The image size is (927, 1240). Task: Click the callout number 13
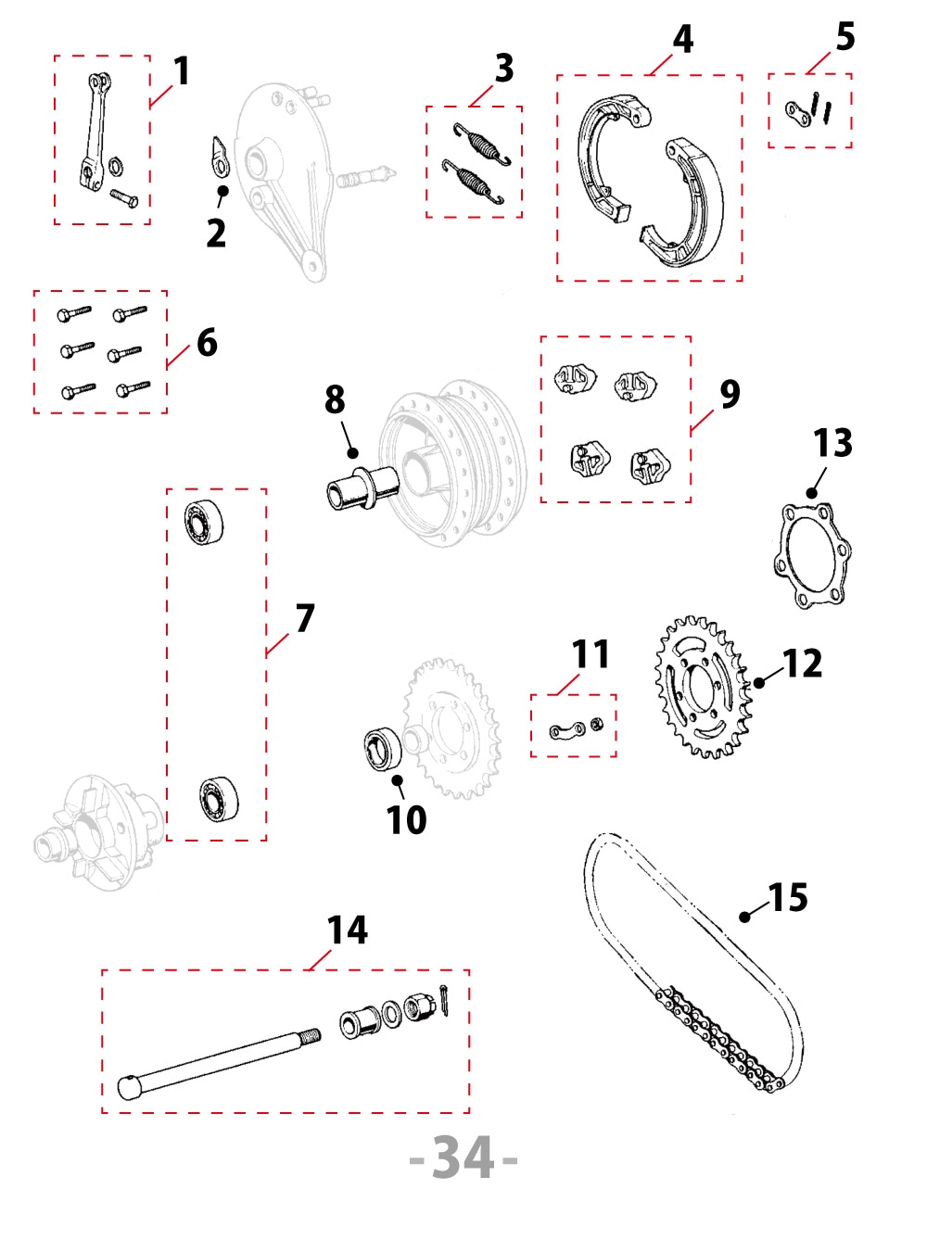(x=832, y=443)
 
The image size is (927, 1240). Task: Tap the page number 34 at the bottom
(x=463, y=1158)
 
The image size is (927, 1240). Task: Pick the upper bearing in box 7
(x=203, y=523)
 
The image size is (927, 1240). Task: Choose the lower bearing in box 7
(x=219, y=798)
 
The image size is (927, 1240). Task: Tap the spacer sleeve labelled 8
(x=356, y=487)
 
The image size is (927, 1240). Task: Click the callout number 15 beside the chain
(x=788, y=897)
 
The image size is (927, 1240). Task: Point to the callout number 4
(x=682, y=39)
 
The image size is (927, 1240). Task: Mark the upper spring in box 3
(x=482, y=143)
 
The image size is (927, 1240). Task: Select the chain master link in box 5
(x=796, y=114)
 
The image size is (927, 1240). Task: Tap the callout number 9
(x=730, y=394)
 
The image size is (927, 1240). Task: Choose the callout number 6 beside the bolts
(x=207, y=343)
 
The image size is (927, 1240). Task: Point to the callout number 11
(x=590, y=654)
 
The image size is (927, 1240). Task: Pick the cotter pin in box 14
(x=445, y=998)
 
